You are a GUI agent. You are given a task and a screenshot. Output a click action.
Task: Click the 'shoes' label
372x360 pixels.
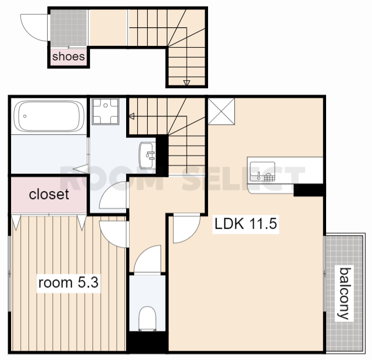(69, 56)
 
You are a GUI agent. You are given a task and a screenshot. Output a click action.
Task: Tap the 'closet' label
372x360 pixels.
(49, 194)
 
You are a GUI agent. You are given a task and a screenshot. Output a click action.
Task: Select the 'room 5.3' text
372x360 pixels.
(69, 283)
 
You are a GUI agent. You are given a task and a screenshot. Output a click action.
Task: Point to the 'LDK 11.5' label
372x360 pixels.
(245, 224)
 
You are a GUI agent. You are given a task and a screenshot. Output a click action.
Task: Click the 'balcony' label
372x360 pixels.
(344, 293)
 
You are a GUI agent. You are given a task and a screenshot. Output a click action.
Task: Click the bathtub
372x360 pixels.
(49, 116)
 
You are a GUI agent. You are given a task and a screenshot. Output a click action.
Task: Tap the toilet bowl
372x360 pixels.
(147, 318)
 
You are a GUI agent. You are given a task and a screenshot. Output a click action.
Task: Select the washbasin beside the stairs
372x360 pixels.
(147, 155)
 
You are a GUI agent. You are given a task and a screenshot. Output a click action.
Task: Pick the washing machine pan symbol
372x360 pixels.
(105, 111)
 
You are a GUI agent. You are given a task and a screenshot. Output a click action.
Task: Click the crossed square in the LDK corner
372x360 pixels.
(221, 111)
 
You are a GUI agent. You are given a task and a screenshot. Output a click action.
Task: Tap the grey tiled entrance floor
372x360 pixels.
(69, 27)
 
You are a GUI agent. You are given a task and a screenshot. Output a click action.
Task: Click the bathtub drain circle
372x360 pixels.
(24, 116)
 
